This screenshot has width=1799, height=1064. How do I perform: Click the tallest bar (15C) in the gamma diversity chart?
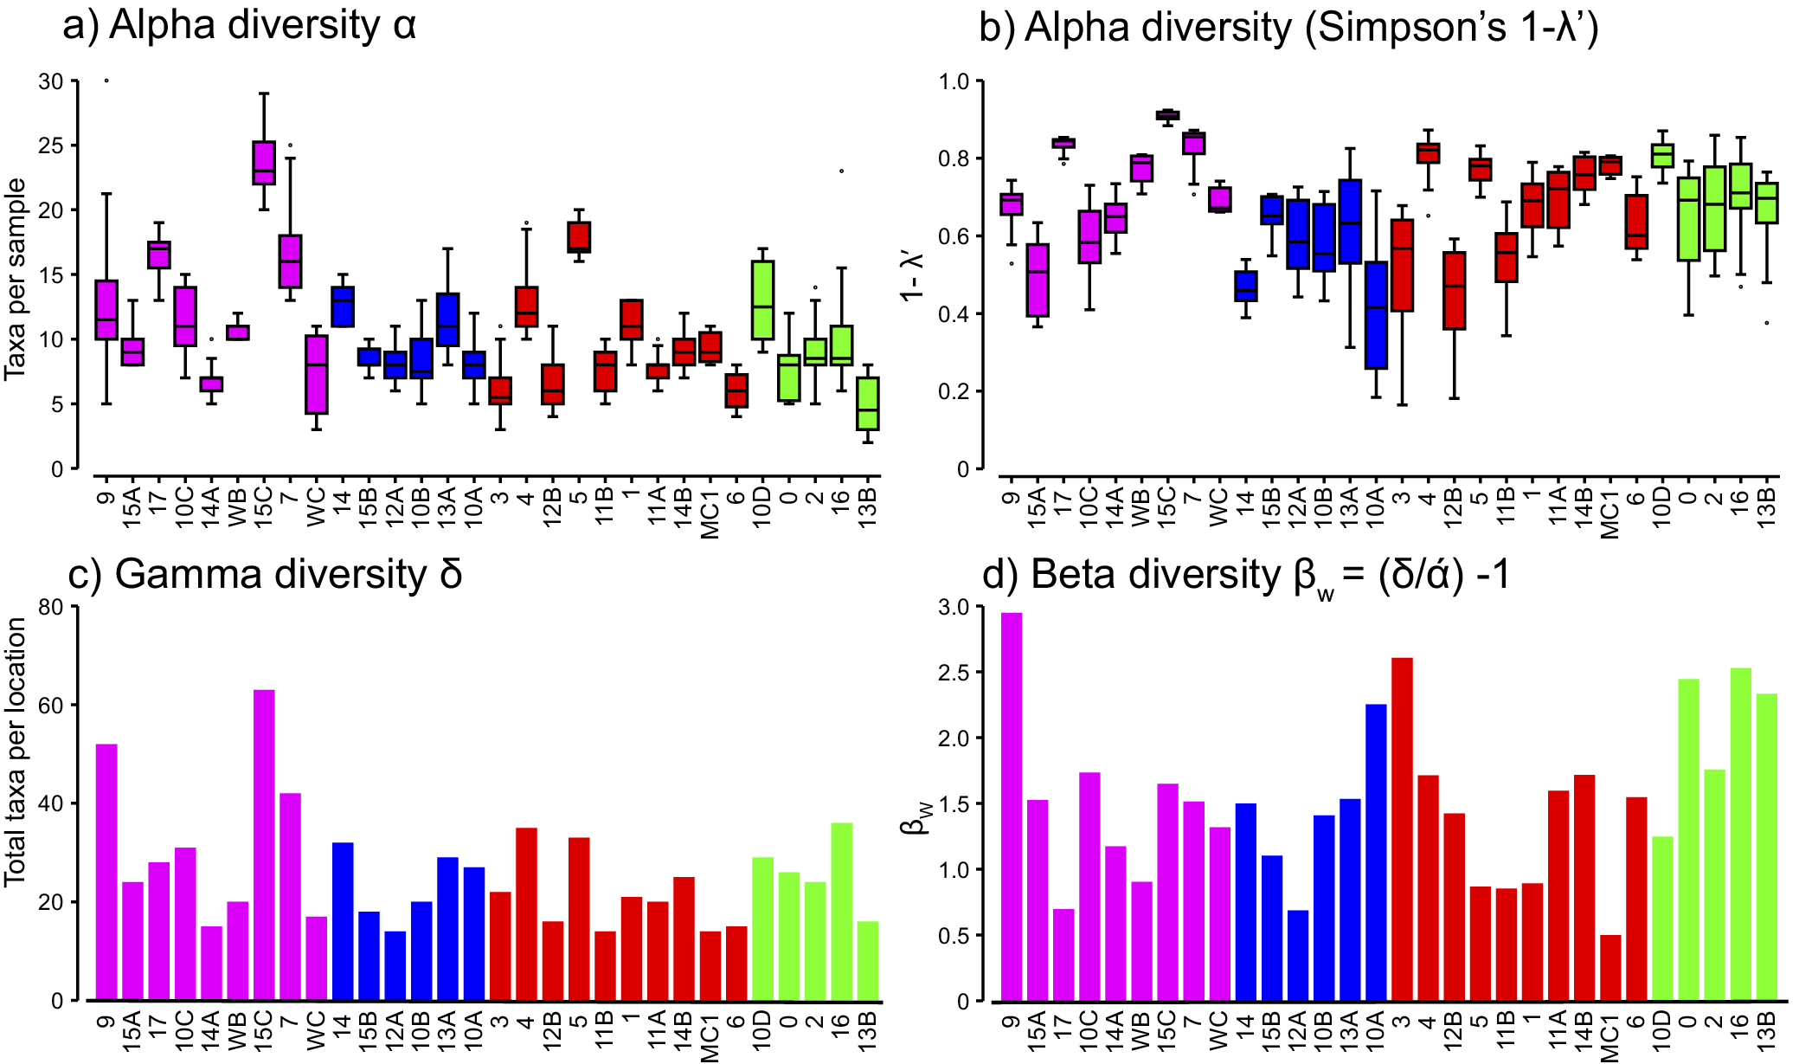pos(264,844)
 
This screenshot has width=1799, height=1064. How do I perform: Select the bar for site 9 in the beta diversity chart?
pos(1012,806)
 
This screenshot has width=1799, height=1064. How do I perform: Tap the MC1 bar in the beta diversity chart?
pos(1610,967)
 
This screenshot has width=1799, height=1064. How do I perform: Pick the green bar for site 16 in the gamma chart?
pos(841,911)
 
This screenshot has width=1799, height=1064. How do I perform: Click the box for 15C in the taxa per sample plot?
pos(264,163)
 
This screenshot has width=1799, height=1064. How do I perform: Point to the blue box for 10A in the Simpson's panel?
pos(1376,315)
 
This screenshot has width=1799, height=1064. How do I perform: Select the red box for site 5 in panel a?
pos(579,237)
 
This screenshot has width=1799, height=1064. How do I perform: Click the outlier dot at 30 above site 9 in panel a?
pos(106,81)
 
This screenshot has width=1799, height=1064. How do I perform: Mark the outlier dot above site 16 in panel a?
pos(841,171)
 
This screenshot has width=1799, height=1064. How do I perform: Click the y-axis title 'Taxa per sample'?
pos(15,279)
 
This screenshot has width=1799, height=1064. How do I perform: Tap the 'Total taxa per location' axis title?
pos(15,751)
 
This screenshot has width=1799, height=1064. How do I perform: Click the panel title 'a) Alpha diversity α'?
pos(240,26)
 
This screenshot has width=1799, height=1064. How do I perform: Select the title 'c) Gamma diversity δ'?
pos(265,574)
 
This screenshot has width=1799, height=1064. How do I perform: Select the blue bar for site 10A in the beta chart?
pos(1376,852)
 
